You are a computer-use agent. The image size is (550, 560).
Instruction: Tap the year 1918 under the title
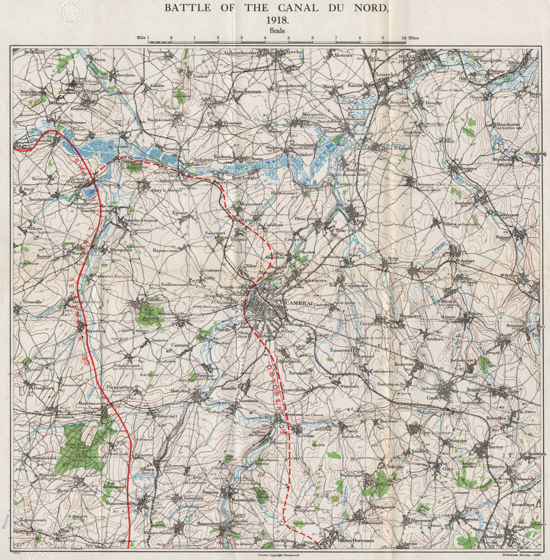click(277, 20)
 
